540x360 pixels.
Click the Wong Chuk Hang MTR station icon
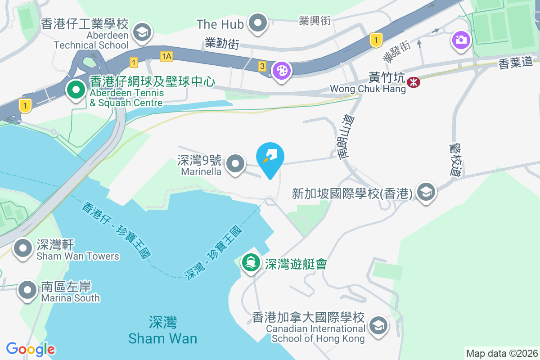coord(413,82)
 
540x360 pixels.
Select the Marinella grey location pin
coord(235,164)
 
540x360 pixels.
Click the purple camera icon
coord(460,40)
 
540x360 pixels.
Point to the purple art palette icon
coord(282,71)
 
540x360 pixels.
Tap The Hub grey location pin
coord(258,22)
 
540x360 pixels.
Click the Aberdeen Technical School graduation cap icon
coord(143,31)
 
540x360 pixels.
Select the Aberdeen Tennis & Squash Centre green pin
coord(76,90)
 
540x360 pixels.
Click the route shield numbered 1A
coord(166,56)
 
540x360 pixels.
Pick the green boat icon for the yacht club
coord(251,262)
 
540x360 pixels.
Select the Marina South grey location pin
coord(27,289)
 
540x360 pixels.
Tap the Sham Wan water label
coord(163,330)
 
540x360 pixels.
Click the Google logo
coord(31,349)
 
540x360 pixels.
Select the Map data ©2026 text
coord(502,353)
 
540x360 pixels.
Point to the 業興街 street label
coord(315,21)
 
